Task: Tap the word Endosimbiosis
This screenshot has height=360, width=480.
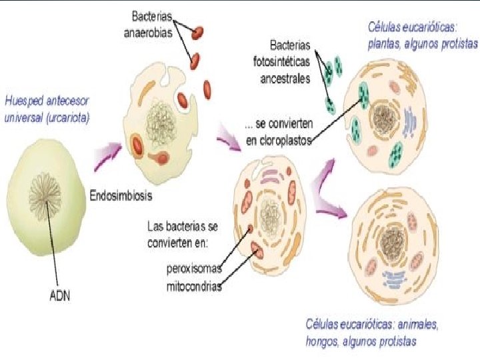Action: pos(121,195)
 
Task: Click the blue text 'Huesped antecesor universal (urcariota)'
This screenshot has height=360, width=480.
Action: pos(47,110)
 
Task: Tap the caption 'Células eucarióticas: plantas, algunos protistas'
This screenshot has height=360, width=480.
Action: pos(423,36)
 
